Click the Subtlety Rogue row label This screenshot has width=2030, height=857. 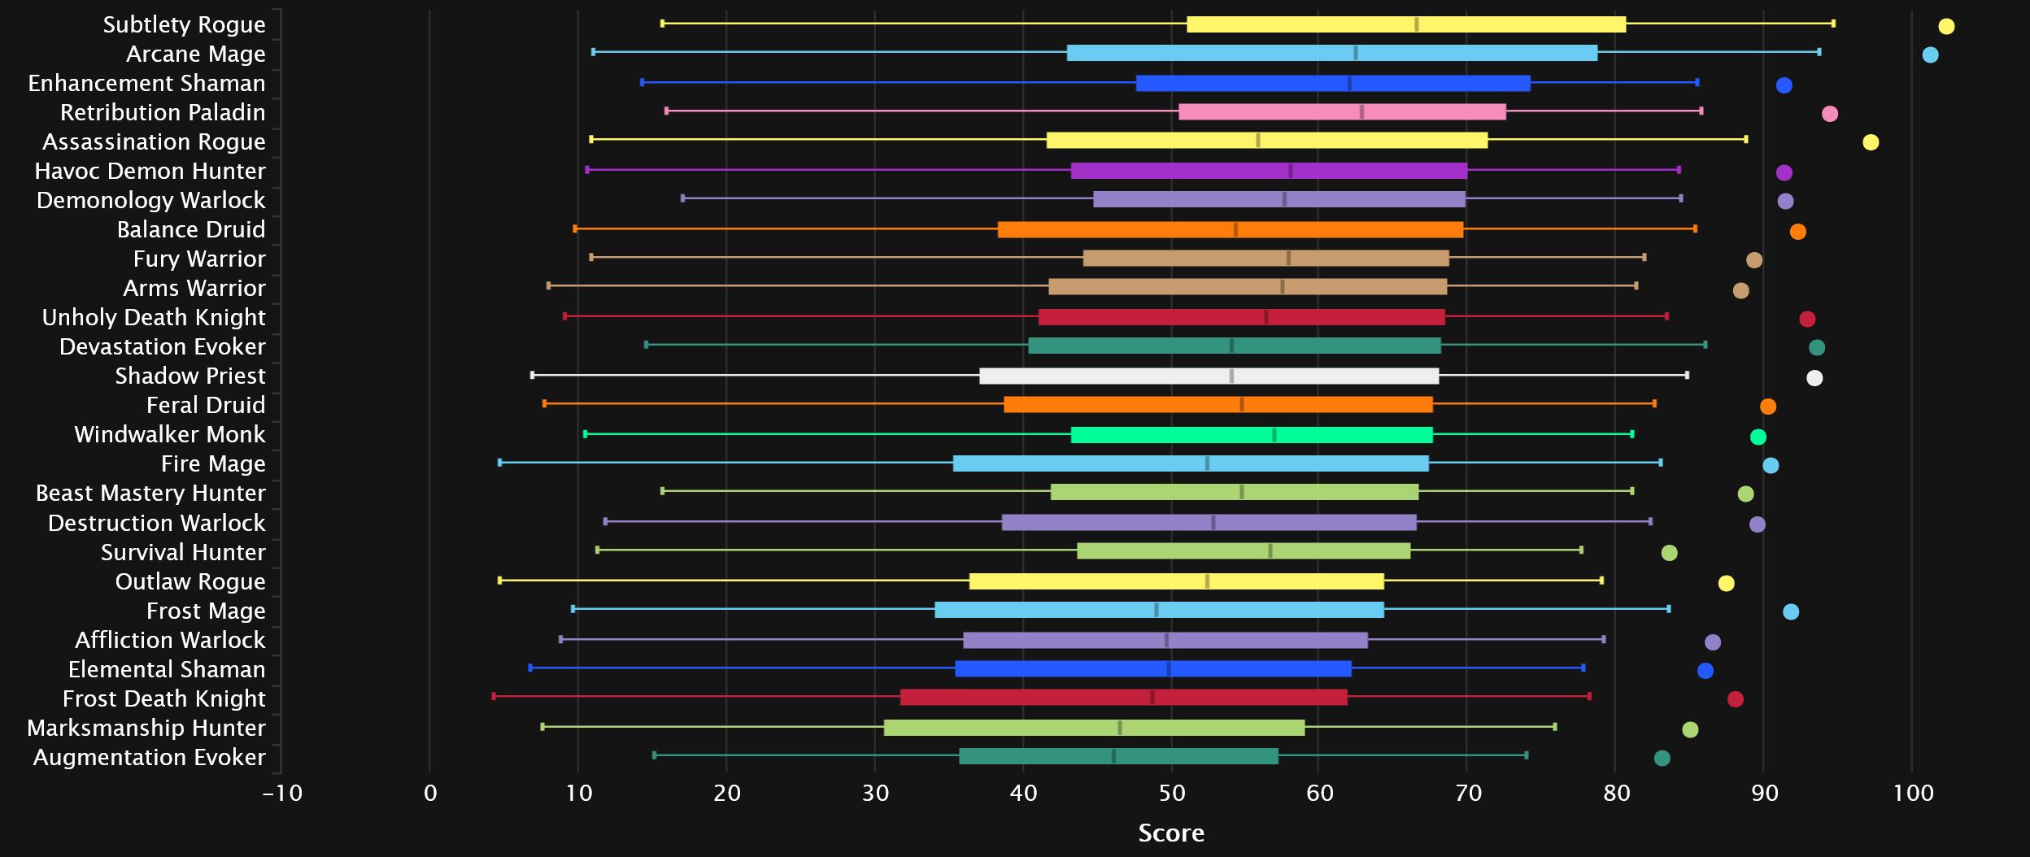pyautogui.click(x=184, y=24)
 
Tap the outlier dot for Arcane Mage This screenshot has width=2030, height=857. pyautogui.click(x=1930, y=55)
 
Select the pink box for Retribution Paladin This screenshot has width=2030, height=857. pyautogui.click(x=1342, y=112)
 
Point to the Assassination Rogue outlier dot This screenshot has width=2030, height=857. pyautogui.click(x=1871, y=142)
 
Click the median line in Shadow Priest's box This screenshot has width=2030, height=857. pyautogui.click(x=1231, y=376)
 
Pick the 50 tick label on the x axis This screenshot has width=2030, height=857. pyautogui.click(x=1171, y=793)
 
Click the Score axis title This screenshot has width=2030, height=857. pyautogui.click(x=1171, y=833)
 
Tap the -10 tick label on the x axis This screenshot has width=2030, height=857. pyautogui.click(x=282, y=793)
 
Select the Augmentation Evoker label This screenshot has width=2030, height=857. pyautogui.click(x=149, y=757)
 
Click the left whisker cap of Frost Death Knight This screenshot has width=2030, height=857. pyautogui.click(x=494, y=696)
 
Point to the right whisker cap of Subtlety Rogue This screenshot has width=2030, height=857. pyautogui.click(x=1833, y=24)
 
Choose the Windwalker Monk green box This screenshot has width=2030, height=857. pyautogui.click(x=1252, y=435)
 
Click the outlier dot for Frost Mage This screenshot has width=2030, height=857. pyautogui.click(x=1791, y=611)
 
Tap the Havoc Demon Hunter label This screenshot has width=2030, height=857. pyautogui.click(x=150, y=171)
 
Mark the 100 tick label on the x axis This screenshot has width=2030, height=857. pyautogui.click(x=1913, y=793)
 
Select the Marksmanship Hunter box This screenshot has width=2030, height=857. pyautogui.click(x=1094, y=728)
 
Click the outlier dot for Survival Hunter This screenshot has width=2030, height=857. pyautogui.click(x=1670, y=553)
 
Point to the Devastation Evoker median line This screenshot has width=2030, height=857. pyautogui.click(x=1231, y=346)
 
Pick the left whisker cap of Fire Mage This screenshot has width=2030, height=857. pyautogui.click(x=499, y=463)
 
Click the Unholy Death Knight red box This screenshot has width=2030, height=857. pyautogui.click(x=1241, y=317)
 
